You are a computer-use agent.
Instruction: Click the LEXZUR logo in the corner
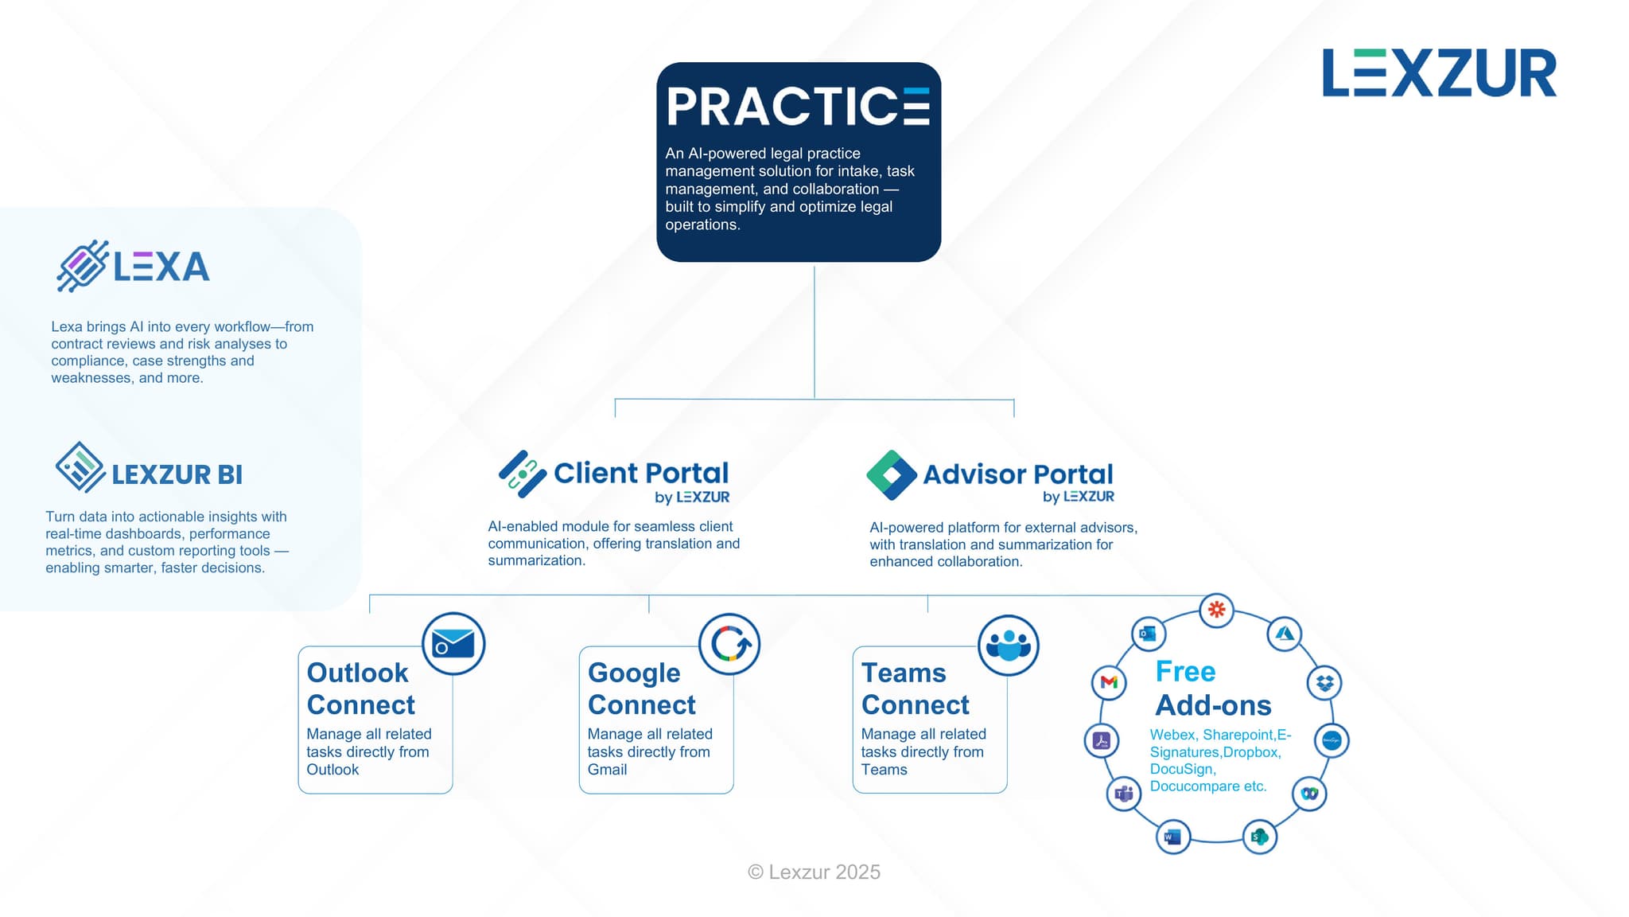(x=1439, y=73)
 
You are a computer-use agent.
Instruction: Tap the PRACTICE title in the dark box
(x=798, y=107)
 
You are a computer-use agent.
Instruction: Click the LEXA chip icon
(x=82, y=266)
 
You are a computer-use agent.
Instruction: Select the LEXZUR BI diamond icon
(x=80, y=467)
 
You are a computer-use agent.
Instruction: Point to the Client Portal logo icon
(x=522, y=474)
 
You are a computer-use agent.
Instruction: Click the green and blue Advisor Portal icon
(x=892, y=475)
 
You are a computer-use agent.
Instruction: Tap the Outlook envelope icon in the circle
(x=453, y=644)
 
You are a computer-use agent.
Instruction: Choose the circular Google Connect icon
(x=729, y=644)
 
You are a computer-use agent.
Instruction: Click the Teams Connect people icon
(x=1008, y=645)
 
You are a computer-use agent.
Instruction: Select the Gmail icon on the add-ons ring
(x=1109, y=682)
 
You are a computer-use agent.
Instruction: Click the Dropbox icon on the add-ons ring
(x=1324, y=682)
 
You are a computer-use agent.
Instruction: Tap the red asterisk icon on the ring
(x=1216, y=611)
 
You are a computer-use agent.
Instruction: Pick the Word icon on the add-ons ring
(x=1172, y=837)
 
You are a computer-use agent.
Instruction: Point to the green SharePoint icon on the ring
(x=1260, y=837)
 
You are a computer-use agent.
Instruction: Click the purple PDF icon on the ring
(x=1102, y=740)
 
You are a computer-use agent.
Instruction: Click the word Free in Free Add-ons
(x=1185, y=672)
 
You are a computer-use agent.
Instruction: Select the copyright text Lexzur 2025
(x=814, y=872)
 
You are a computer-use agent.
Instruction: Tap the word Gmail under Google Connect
(x=607, y=770)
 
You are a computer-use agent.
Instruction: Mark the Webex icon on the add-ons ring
(x=1309, y=794)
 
